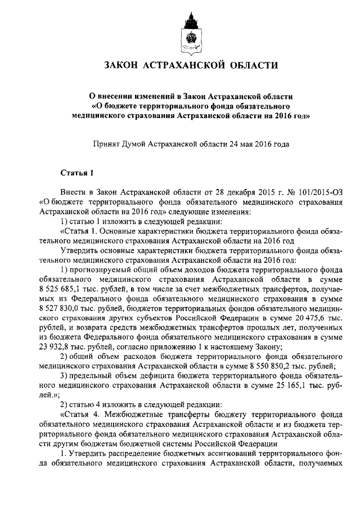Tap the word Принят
click(x=107, y=145)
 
